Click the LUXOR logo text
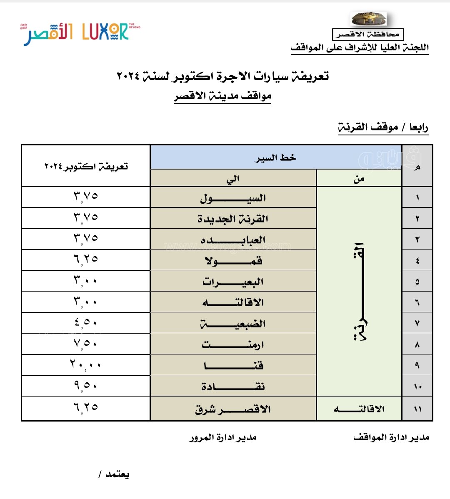[105, 32]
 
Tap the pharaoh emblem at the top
[368, 19]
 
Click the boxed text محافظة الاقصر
[368, 34]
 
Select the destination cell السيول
[233, 198]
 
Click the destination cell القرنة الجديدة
[233, 219]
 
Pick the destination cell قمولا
[233, 261]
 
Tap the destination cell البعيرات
[233, 282]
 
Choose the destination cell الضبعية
[233, 324]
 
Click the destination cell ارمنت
[233, 345]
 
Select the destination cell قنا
[233, 366]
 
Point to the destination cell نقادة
[233, 387]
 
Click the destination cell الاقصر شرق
[233, 409]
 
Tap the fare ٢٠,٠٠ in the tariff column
[85, 365]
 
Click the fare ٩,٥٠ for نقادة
[85, 386]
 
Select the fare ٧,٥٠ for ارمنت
[85, 344]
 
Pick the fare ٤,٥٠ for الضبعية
[85, 322]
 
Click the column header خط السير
[275, 157]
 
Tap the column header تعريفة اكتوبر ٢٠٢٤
[86, 167]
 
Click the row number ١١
[417, 409]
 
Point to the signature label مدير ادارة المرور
[223, 437]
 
